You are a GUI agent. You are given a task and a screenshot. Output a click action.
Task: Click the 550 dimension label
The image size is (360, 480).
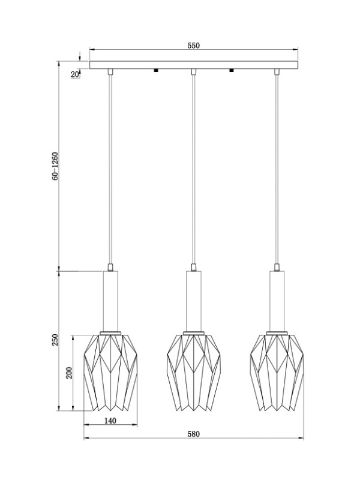pyautogui.click(x=193, y=46)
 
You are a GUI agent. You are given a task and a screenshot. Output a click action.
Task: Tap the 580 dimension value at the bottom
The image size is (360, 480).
pyautogui.click(x=193, y=434)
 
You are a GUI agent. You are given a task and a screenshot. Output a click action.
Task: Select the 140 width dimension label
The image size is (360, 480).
pyautogui.click(x=110, y=421)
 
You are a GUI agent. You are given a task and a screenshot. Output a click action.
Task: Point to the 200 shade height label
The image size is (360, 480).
pyautogui.click(x=69, y=373)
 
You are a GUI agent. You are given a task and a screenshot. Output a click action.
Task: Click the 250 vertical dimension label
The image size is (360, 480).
pyautogui.click(x=55, y=340)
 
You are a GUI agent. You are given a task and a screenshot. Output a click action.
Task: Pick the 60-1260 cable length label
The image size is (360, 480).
pyautogui.click(x=55, y=166)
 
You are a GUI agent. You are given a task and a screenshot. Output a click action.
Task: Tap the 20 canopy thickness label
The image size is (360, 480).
pyautogui.click(x=74, y=74)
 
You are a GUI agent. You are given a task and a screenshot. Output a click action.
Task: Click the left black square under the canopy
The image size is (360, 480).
pyautogui.click(x=156, y=71)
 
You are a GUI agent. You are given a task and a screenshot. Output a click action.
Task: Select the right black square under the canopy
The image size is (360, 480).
pyautogui.click(x=231, y=71)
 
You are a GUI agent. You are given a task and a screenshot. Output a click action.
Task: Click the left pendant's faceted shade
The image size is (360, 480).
pyautogui.click(x=110, y=373)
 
